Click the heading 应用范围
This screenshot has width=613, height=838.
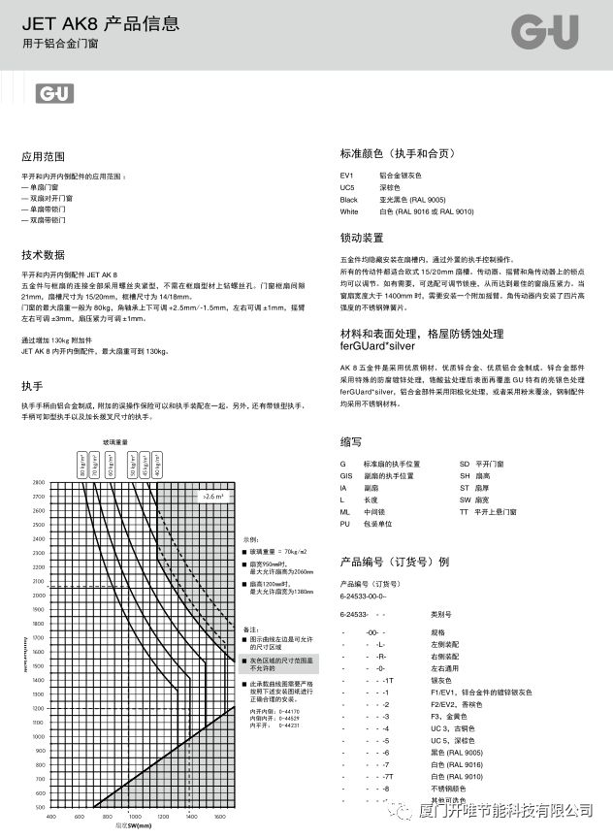tap(44, 156)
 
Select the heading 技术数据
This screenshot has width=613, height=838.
tap(44, 254)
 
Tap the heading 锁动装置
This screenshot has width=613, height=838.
tap(362, 238)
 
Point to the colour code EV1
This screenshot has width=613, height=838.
tap(346, 175)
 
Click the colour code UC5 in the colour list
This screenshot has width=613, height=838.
tap(347, 186)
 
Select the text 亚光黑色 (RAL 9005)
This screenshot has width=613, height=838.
tap(412, 199)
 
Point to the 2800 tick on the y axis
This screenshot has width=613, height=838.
tap(39, 482)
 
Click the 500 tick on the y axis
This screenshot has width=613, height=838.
tap(40, 808)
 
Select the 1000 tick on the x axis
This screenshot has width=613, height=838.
tap(134, 818)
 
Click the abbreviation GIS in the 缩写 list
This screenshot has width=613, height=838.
tap(346, 476)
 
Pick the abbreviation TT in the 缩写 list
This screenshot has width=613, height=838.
tap(464, 510)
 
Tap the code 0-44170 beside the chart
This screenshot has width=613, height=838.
tap(289, 712)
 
